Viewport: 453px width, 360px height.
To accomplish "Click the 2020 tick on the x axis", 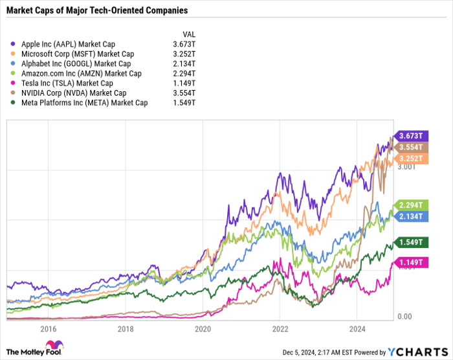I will (203, 329).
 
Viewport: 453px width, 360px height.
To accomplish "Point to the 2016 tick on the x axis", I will (48, 329).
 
